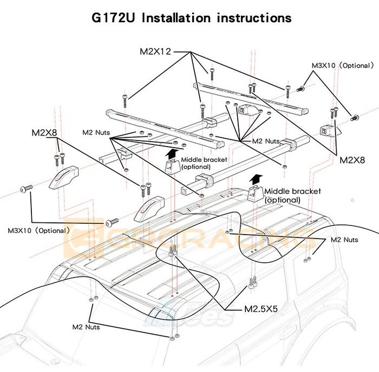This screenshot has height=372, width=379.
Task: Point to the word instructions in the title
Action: pyautogui.click(x=254, y=18)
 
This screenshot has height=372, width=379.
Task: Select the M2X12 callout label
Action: pyautogui.click(x=154, y=52)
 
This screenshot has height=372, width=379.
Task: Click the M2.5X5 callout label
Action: pyautogui.click(x=261, y=310)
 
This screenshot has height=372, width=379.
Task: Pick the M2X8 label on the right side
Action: pyautogui.click(x=352, y=160)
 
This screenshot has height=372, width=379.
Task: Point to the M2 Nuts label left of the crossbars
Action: pyautogui.click(x=96, y=131)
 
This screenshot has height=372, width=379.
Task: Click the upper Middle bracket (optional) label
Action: pyautogui.click(x=204, y=163)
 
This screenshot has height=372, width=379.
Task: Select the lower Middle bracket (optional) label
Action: pyautogui.click(x=292, y=195)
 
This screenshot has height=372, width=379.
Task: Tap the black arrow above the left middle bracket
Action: pyautogui.click(x=173, y=153)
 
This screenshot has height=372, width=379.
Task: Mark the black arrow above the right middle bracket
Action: pyautogui.click(x=256, y=178)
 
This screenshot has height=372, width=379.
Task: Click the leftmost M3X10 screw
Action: pyautogui.click(x=25, y=188)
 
